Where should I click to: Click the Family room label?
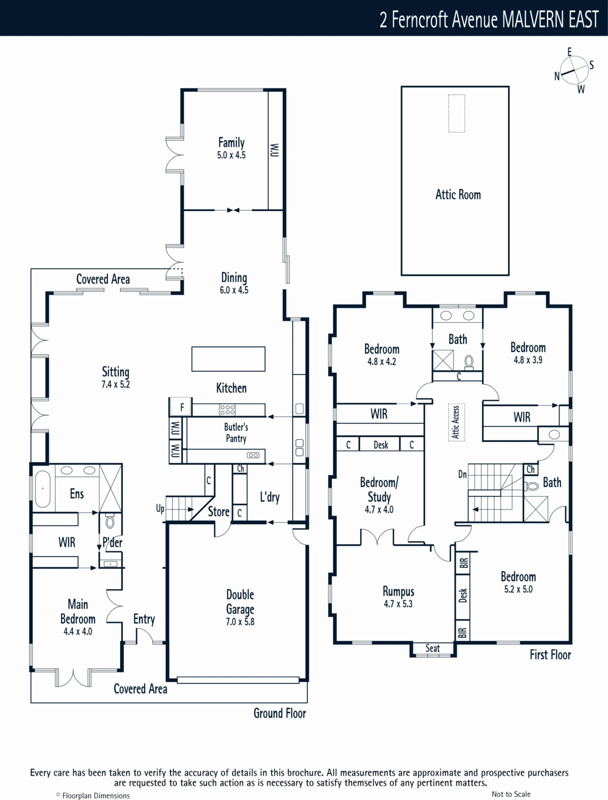pos(231,142)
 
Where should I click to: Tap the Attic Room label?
pos(458,194)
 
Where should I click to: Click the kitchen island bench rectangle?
pos(228,359)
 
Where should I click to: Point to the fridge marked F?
pos(180,406)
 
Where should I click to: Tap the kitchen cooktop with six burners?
pos(227,410)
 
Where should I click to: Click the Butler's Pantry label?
pos(236,432)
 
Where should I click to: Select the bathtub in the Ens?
pos(42,488)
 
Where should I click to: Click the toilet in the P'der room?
pos(109,521)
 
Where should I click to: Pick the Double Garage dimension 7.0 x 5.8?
pos(240,622)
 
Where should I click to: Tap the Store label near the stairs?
pos(218,511)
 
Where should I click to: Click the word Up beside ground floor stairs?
pos(160,509)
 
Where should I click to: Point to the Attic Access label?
pos(456,422)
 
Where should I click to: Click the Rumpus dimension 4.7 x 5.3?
pos(398,604)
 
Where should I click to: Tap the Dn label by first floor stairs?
pos(462,474)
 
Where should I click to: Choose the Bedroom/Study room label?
pos(379,489)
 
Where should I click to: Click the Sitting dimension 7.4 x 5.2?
pos(115,384)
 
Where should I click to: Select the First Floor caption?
pos(550,655)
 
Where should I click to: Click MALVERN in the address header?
pos(533,19)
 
